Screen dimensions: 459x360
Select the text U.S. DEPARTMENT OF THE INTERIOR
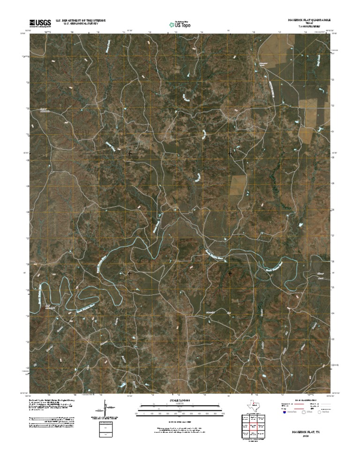[x=81, y=21]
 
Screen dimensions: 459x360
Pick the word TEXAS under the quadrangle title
[x=309, y=24]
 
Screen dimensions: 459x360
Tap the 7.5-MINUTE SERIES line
[x=309, y=27]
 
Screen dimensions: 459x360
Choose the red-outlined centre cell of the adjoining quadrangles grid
[x=253, y=426]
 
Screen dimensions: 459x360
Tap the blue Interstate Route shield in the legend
[x=284, y=413]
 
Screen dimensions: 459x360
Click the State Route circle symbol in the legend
[x=321, y=413]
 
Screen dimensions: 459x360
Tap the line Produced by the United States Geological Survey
[x=52, y=400]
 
